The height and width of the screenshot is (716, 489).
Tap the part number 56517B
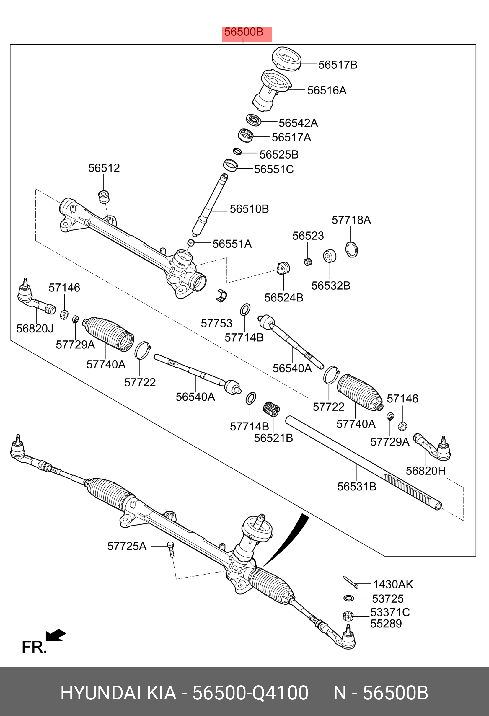pos(338,65)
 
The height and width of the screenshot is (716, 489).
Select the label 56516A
pos(327,91)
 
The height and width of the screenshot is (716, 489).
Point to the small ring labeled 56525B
pos(237,151)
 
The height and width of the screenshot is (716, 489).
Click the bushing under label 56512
pos(104,197)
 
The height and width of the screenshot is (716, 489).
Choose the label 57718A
pos(351,220)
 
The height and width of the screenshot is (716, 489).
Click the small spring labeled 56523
pos(308,262)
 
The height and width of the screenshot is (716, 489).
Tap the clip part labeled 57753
pos(221,296)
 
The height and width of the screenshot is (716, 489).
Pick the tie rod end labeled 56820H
pos(433,448)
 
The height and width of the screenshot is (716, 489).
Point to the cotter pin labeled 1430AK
pos(350,582)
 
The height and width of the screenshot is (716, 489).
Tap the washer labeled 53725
pos(348,598)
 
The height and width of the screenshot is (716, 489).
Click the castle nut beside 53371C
pos(348,616)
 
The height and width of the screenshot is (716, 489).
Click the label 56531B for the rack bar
pos(356,487)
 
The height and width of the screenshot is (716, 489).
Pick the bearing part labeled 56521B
pos(271,409)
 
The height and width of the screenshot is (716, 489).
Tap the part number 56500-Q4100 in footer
pos(250,693)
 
